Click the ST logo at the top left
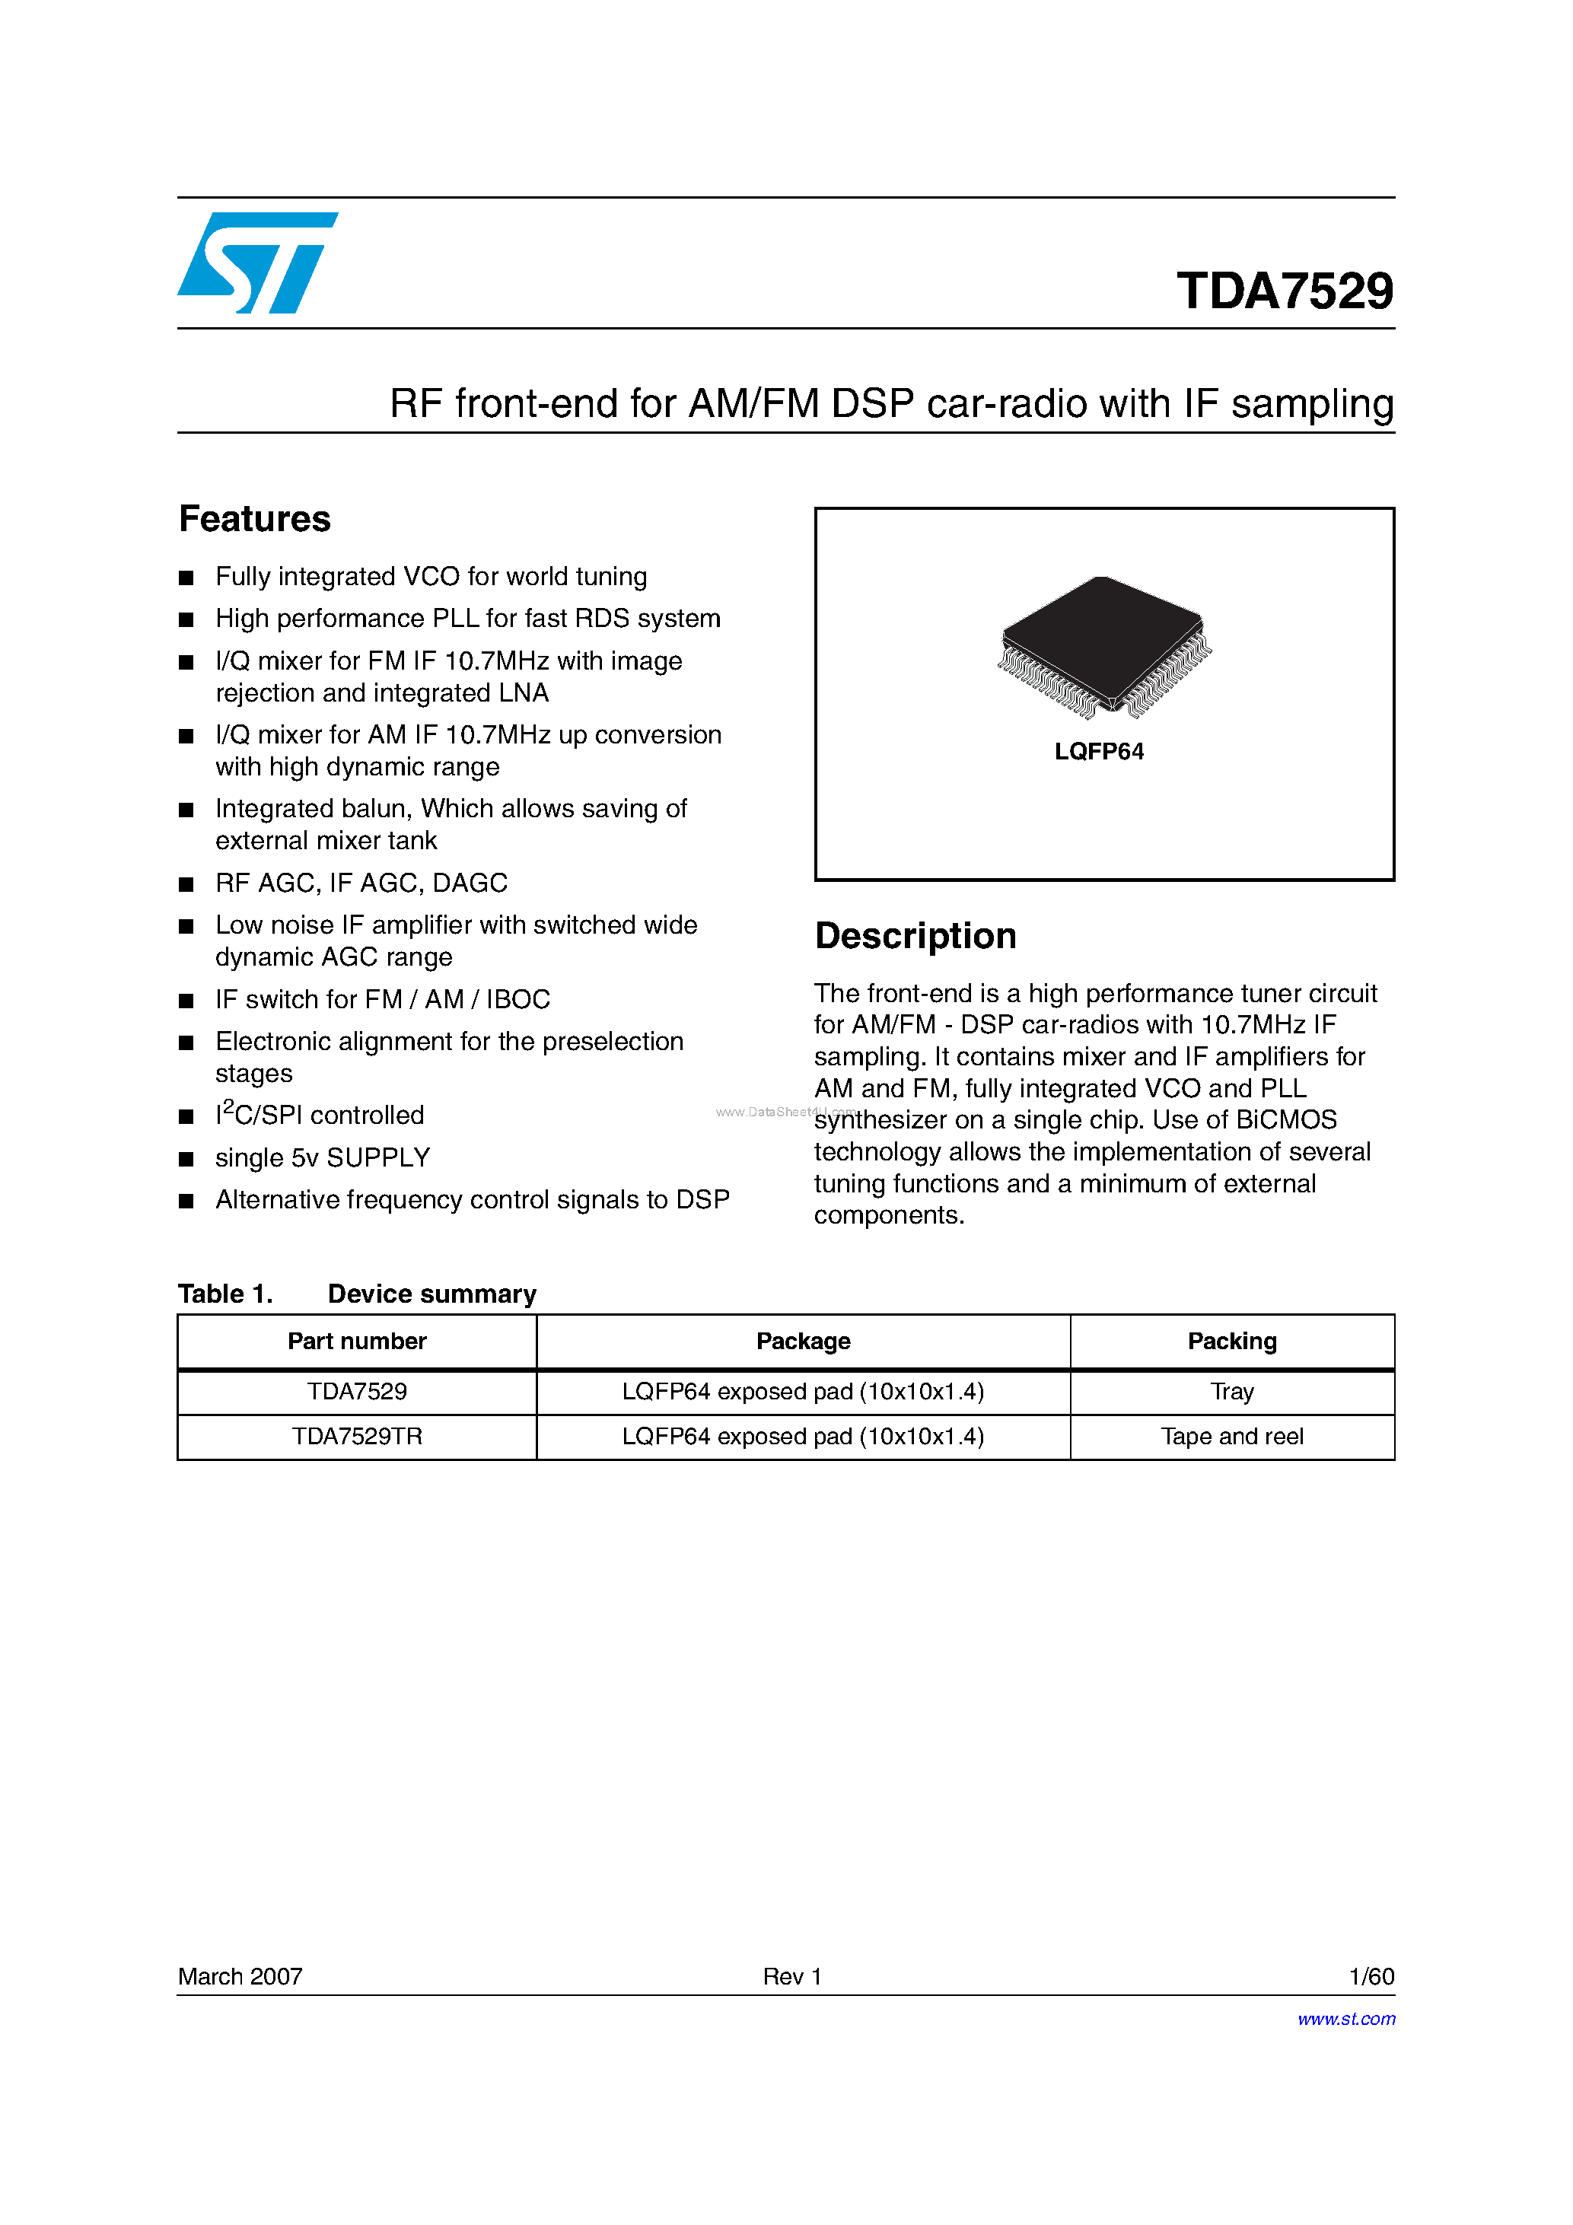(256, 263)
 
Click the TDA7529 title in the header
(1284, 291)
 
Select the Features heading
(255, 520)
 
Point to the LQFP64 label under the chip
(1099, 752)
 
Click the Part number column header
(357, 1342)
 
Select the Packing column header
(1232, 1342)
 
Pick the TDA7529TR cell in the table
(357, 1436)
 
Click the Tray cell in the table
(1232, 1392)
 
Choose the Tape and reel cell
(1232, 1436)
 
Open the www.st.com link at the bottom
(1346, 2019)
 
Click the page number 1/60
(1371, 1976)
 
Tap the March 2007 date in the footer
(240, 1976)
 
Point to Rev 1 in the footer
(792, 1976)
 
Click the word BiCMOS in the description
(1285, 1120)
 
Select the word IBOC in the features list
(518, 999)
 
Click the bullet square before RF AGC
(186, 883)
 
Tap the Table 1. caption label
(224, 1294)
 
